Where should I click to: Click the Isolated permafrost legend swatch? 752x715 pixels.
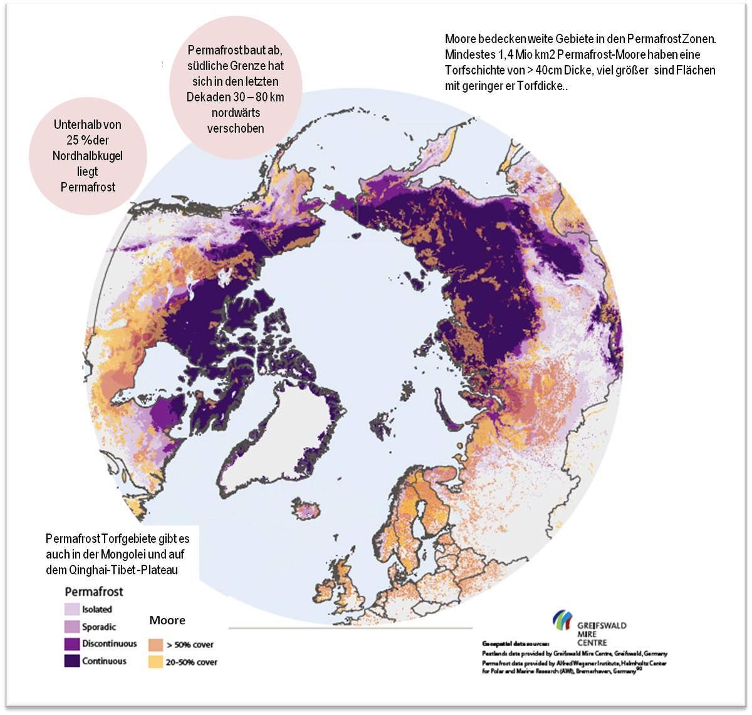72,609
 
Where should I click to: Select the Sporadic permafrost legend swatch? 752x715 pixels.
72,626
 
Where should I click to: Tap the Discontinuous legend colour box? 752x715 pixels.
72,644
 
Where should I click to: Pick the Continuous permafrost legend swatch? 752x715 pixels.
72,661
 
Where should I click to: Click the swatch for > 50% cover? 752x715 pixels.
155,644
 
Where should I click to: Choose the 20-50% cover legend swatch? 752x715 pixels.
155,662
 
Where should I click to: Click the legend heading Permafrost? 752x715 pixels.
94,592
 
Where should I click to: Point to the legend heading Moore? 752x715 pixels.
167,620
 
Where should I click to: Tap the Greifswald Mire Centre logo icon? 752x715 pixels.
562,620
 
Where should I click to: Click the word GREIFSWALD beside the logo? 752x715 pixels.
601,625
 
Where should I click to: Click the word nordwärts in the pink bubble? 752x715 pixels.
236,113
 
